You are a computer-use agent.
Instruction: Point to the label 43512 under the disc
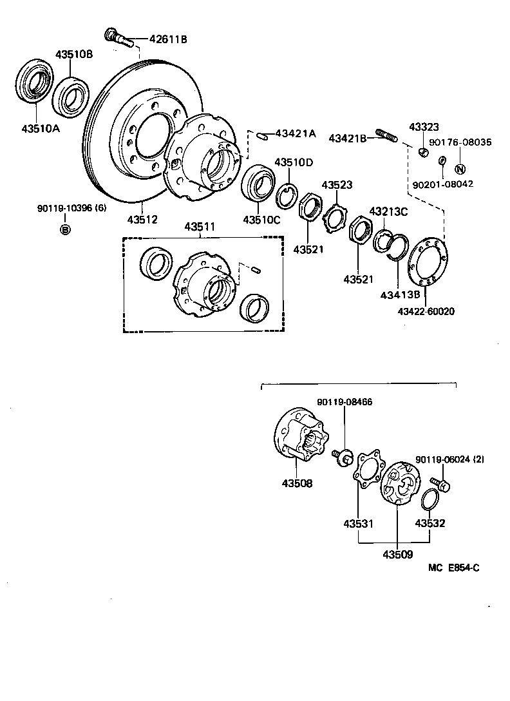(x=142, y=219)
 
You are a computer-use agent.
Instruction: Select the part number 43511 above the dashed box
(x=201, y=227)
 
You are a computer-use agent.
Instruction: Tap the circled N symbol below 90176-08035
(x=460, y=169)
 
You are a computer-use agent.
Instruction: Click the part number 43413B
(x=399, y=295)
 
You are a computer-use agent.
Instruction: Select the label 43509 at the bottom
(x=397, y=554)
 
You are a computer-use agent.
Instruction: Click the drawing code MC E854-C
(x=453, y=568)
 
